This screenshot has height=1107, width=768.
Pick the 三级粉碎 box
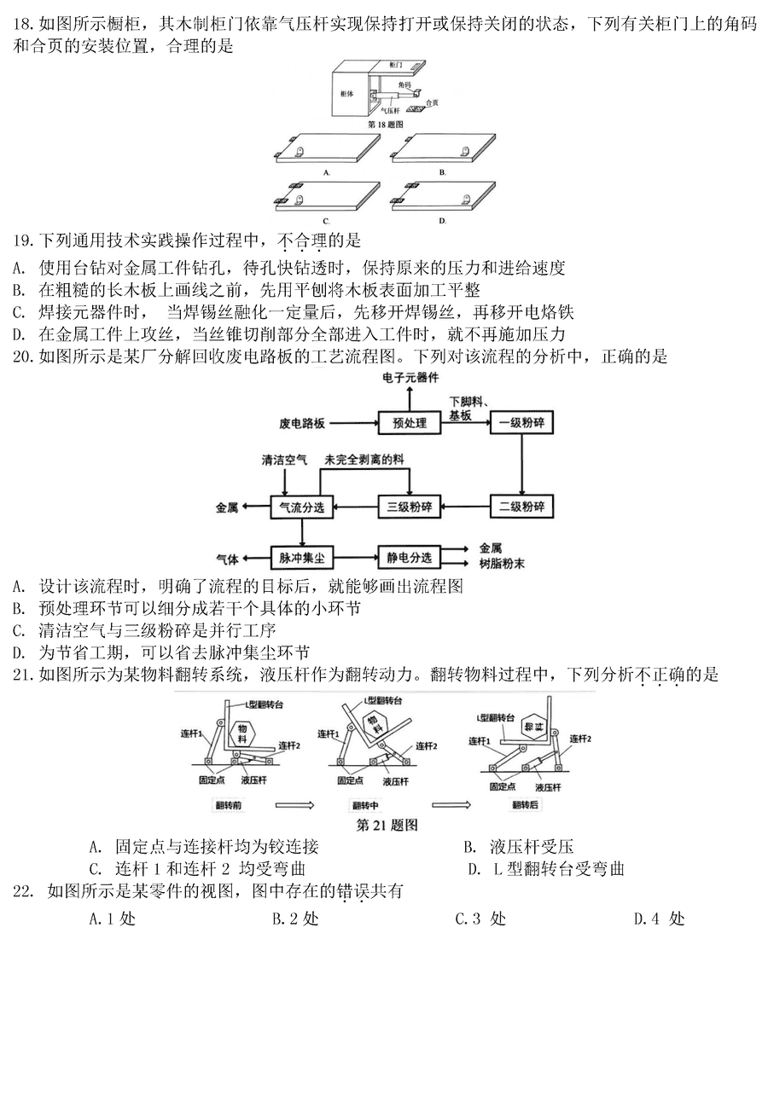coord(408,507)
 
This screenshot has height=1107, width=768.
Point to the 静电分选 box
coord(409,558)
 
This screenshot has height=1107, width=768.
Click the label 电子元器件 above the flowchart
coord(410,376)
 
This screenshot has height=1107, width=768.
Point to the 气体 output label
coord(226,559)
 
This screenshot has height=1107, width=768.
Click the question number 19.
coord(24,241)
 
